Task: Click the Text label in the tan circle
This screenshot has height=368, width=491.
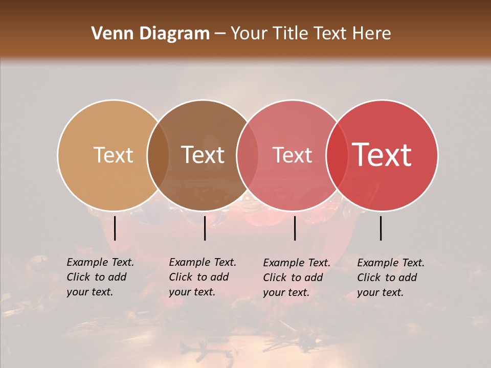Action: pos(113,155)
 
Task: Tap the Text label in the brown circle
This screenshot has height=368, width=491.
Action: pos(203,155)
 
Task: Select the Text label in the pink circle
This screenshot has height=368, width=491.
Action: pos(293,155)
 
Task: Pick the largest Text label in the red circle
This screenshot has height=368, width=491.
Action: pos(382,155)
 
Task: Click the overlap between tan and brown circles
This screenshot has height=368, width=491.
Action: pos(158,155)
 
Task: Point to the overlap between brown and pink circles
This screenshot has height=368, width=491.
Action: pos(248,155)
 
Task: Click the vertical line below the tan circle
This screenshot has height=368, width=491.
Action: pos(115,228)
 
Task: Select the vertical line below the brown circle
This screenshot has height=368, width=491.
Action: pos(205,228)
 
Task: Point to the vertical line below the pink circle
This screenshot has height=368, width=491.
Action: pos(295,228)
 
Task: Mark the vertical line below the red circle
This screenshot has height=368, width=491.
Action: pos(381,228)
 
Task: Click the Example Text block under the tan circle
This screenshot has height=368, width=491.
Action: pos(100,277)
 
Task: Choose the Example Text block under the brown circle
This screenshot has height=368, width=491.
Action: pos(203,277)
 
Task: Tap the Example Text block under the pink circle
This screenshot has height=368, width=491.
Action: pos(297,278)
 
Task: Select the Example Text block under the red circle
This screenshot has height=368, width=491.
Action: pos(391,278)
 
